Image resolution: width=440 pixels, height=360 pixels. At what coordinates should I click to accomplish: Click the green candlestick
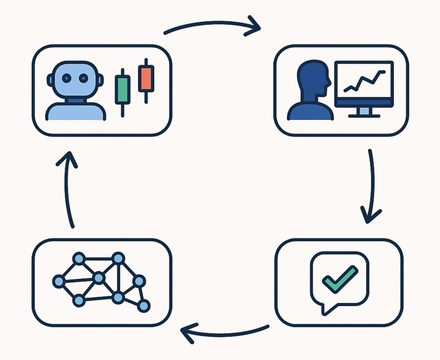coord(123,90)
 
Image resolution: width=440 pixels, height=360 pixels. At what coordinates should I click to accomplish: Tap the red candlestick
coord(146,78)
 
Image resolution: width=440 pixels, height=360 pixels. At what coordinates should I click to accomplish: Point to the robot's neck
coord(75,101)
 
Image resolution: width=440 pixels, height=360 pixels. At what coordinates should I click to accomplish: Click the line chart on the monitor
coord(364,81)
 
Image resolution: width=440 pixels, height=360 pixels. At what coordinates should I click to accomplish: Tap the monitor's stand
coord(364,111)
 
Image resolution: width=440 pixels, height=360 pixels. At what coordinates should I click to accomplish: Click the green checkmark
coord(340,279)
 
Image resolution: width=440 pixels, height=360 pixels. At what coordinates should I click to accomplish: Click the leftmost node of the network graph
coord(59,282)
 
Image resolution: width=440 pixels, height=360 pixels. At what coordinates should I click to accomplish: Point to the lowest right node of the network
coord(144,306)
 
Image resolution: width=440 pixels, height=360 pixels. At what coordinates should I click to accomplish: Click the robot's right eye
coord(83,78)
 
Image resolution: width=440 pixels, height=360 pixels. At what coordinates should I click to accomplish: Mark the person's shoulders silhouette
coord(310,111)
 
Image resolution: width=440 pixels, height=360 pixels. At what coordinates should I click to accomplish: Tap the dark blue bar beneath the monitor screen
coord(364,102)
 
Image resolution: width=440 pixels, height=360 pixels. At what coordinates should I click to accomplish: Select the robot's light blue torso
coord(75,112)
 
